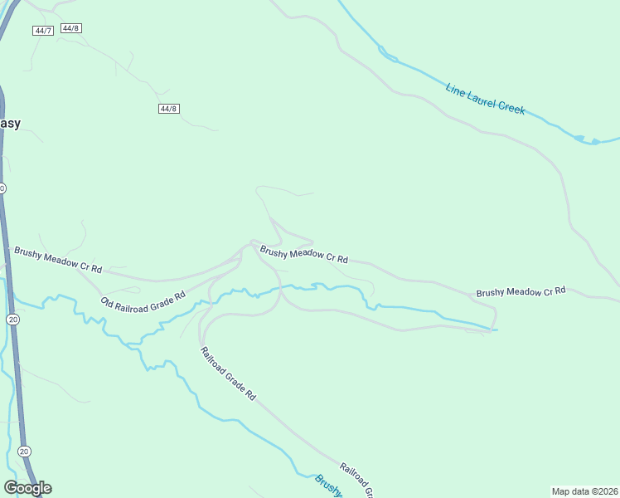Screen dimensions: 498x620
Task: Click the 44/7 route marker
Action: click(42, 31)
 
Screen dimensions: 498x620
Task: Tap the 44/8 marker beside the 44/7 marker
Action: click(71, 28)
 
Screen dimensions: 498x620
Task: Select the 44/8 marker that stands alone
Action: click(169, 109)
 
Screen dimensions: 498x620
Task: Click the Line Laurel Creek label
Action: click(485, 98)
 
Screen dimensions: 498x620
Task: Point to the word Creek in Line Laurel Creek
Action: click(511, 110)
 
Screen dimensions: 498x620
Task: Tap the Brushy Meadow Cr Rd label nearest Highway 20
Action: click(57, 259)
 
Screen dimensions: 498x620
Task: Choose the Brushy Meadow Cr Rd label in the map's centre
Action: click(303, 254)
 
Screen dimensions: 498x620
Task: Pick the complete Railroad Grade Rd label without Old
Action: click(228, 374)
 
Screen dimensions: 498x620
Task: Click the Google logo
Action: click(27, 488)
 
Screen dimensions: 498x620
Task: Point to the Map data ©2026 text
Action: click(585, 491)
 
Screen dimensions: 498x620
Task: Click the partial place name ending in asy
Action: click(9, 124)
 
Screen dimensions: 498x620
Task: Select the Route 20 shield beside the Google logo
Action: click(23, 451)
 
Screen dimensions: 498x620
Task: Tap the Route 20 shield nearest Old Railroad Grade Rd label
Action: click(12, 319)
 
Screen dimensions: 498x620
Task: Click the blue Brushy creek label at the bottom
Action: click(328, 486)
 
